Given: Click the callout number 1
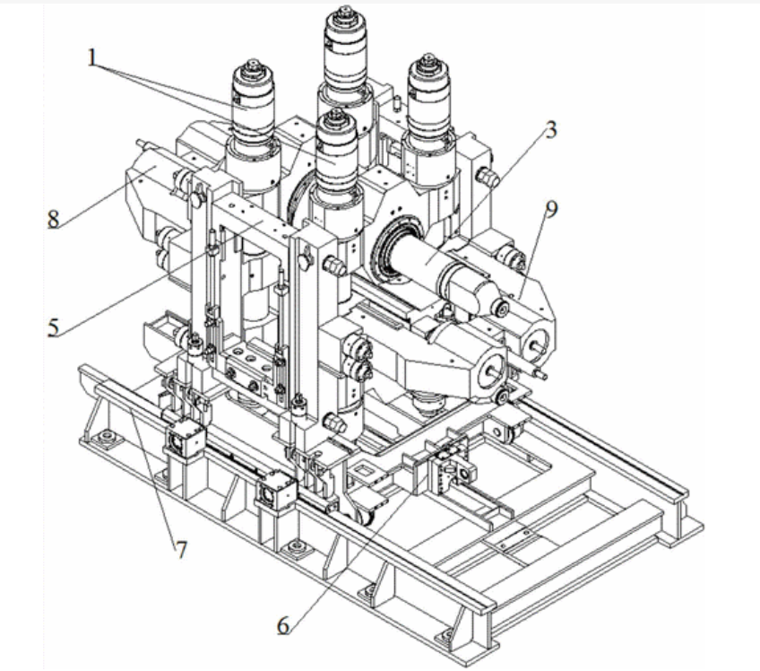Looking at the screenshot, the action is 92,57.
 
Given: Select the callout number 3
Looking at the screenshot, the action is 550,130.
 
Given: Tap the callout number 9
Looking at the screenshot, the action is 551,209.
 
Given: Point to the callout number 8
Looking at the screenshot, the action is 53,219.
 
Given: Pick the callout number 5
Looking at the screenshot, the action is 53,328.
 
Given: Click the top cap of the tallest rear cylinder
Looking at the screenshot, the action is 345,13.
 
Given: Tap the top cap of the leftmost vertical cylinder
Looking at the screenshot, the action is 253,68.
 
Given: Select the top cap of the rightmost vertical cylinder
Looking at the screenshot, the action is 427,63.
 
